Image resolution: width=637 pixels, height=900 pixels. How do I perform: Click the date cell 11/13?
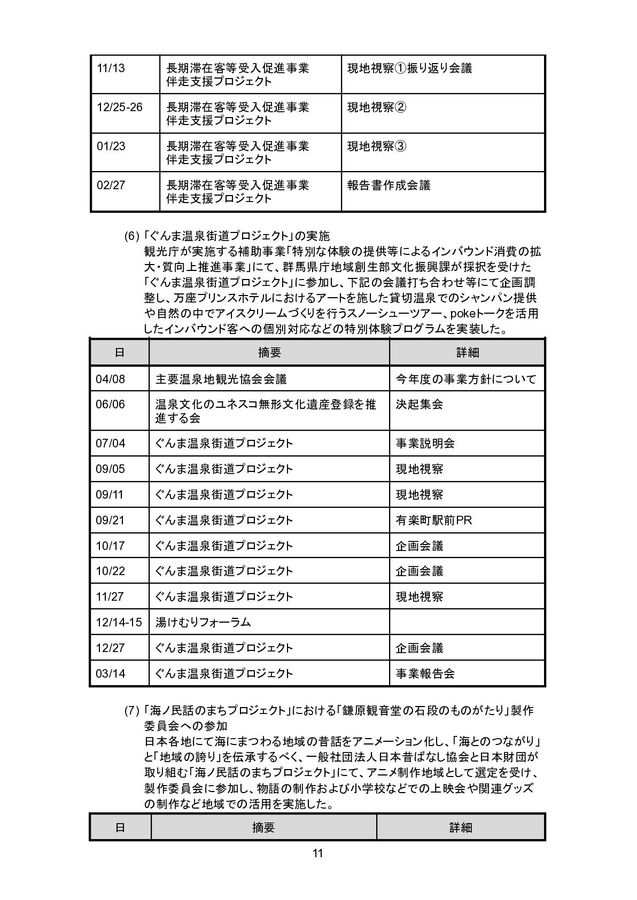tap(111, 69)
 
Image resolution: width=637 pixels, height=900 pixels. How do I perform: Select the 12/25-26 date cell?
tap(120, 107)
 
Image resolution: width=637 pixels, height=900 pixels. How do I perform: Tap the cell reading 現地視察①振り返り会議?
tap(409, 69)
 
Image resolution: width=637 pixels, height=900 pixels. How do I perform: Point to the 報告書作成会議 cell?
tap(389, 185)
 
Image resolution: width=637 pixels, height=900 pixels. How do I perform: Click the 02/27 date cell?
tap(111, 185)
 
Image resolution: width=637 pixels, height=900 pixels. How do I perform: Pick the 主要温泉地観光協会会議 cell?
tap(221, 379)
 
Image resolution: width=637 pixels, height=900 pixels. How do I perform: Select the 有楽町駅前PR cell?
tap(433, 520)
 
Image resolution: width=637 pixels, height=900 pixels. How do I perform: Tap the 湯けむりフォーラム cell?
tap(203, 622)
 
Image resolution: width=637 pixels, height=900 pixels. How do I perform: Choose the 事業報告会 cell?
tap(425, 673)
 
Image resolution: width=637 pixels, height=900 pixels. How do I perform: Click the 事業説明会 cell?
tap(425, 444)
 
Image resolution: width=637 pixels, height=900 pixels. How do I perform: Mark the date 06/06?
tap(110, 405)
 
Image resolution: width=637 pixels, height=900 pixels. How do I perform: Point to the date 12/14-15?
tap(119, 622)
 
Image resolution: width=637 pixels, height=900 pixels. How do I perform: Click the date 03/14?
tap(110, 673)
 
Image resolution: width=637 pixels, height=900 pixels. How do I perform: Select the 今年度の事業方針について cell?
tap(466, 379)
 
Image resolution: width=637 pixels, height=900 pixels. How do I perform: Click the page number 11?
tap(317, 853)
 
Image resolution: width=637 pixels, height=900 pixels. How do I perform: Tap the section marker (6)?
tap(131, 236)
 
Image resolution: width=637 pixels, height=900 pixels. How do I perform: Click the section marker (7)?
tap(131, 711)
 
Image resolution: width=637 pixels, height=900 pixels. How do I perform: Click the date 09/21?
tap(110, 520)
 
